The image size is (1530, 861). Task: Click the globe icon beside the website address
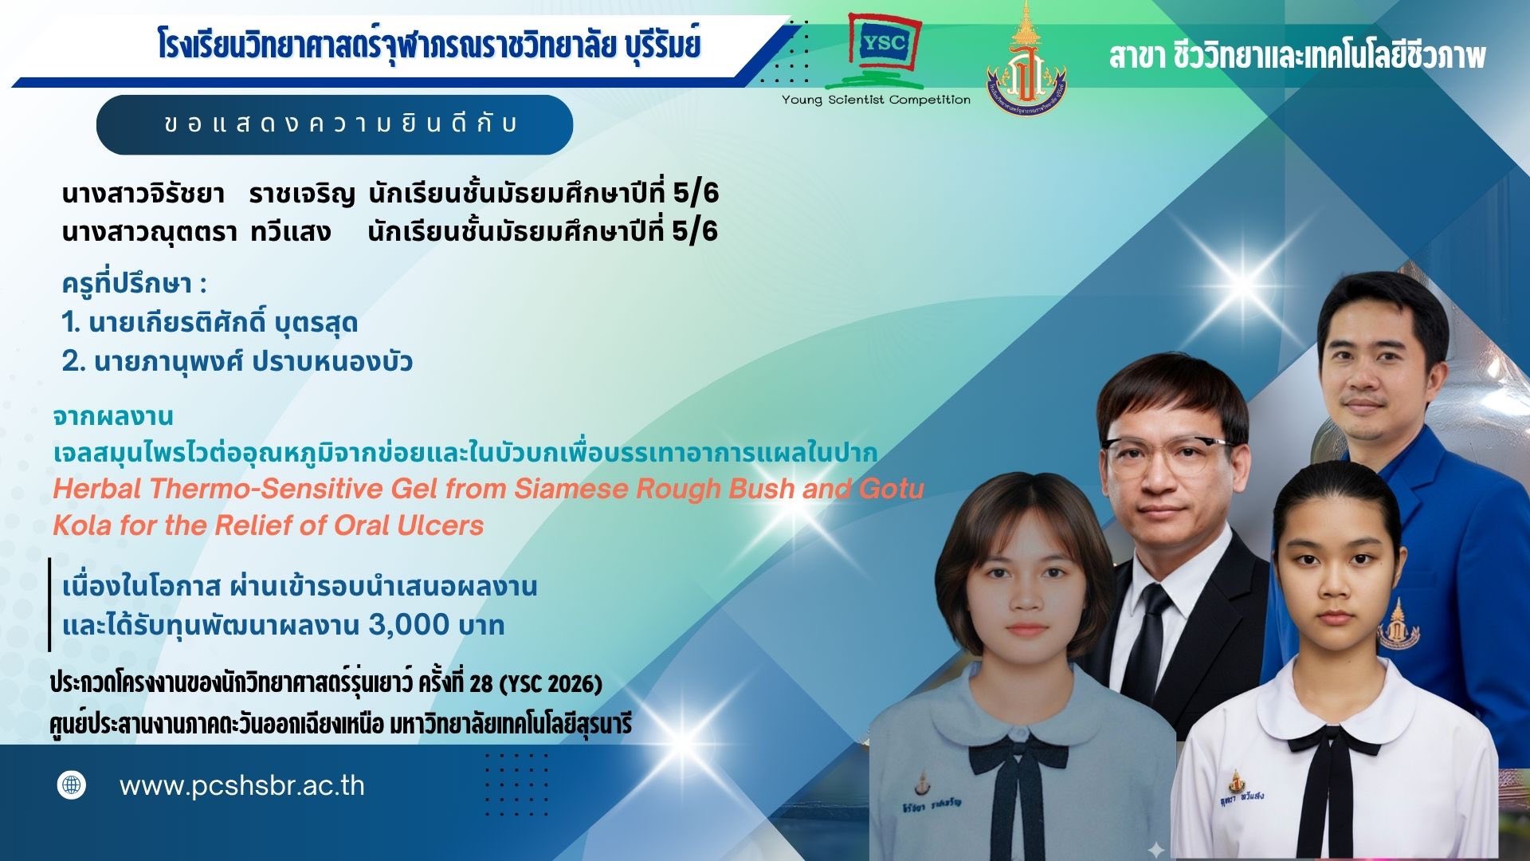72,785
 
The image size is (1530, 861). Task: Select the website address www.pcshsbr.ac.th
242,786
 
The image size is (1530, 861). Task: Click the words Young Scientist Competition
876,100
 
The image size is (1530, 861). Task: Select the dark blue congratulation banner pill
335,124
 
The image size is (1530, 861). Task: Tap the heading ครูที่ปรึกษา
134,284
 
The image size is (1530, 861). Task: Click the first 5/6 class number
696,193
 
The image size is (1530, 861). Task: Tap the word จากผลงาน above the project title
113,416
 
